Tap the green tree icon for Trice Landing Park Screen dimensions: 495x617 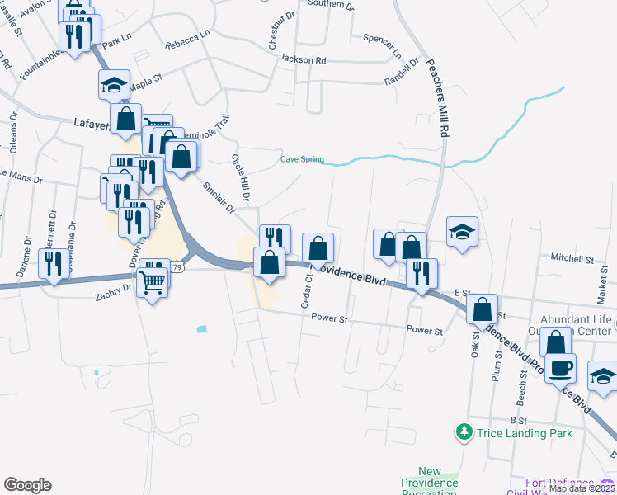464,431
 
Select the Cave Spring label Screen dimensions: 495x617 302,159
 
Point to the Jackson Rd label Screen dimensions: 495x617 303,59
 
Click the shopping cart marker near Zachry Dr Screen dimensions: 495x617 153,283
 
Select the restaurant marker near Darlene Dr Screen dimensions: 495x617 54,263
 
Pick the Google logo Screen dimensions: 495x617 27,485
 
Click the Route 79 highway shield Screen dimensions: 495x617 177,266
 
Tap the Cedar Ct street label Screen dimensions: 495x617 306,290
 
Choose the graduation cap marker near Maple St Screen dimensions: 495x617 115,83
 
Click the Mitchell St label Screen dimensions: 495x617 572,259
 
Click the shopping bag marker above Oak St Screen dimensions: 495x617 483,309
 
